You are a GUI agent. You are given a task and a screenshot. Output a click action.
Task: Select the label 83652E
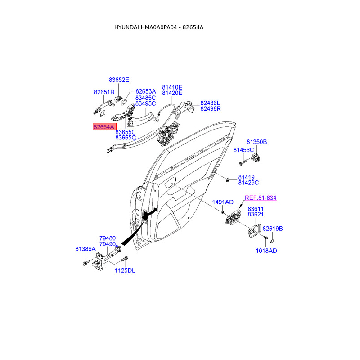(x=119, y=80)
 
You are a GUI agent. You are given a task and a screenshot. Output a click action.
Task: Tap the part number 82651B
(x=104, y=92)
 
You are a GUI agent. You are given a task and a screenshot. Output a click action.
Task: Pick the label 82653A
(x=146, y=91)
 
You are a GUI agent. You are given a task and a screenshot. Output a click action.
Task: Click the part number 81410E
(x=172, y=87)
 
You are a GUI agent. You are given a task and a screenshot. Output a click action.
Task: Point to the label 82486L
(x=211, y=103)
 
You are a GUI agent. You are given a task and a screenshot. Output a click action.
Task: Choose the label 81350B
(x=256, y=142)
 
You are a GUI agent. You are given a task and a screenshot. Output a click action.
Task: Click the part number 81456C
(x=243, y=149)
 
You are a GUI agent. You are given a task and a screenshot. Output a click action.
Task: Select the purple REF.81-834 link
(x=261, y=198)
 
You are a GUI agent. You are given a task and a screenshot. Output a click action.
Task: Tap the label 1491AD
(x=223, y=202)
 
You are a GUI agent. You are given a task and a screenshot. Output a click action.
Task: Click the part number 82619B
(x=273, y=229)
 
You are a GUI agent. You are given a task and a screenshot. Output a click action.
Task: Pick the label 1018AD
(x=266, y=251)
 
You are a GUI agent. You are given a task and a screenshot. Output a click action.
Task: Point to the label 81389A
(x=85, y=249)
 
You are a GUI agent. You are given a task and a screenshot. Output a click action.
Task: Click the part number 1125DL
(x=125, y=270)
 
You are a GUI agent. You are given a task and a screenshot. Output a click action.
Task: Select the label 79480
(x=108, y=238)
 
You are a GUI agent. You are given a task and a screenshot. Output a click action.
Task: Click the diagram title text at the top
(x=159, y=27)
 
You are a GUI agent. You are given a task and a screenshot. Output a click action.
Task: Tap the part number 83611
(x=256, y=209)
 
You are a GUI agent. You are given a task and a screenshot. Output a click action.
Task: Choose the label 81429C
(x=248, y=183)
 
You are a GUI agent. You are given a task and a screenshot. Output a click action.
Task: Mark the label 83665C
(x=126, y=138)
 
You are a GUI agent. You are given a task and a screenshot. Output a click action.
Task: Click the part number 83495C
(x=145, y=104)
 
